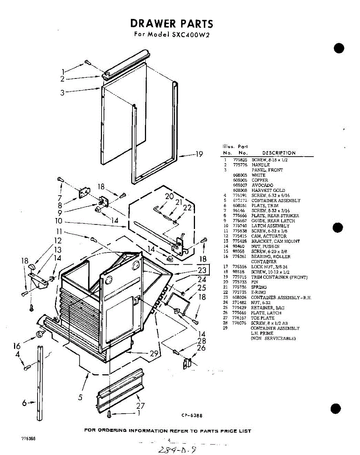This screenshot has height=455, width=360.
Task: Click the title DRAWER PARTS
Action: pyautogui.click(x=172, y=24)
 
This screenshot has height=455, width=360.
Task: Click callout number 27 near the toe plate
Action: pyautogui.click(x=140, y=405)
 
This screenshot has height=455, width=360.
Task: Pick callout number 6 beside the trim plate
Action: pyautogui.click(x=24, y=403)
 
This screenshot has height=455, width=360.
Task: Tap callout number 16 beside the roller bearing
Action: pyautogui.click(x=17, y=346)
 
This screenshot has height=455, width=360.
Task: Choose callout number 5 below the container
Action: pyautogui.click(x=80, y=397)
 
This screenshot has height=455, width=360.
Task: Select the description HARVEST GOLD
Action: pyautogui.click(x=268, y=190)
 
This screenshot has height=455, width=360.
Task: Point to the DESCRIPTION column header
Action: pyautogui.click(x=279, y=153)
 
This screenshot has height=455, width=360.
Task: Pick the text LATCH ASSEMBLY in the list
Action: pyautogui.click(x=270, y=226)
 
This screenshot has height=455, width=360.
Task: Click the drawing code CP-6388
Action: pyautogui.click(x=192, y=415)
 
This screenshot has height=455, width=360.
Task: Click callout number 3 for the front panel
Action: pyautogui.click(x=62, y=92)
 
